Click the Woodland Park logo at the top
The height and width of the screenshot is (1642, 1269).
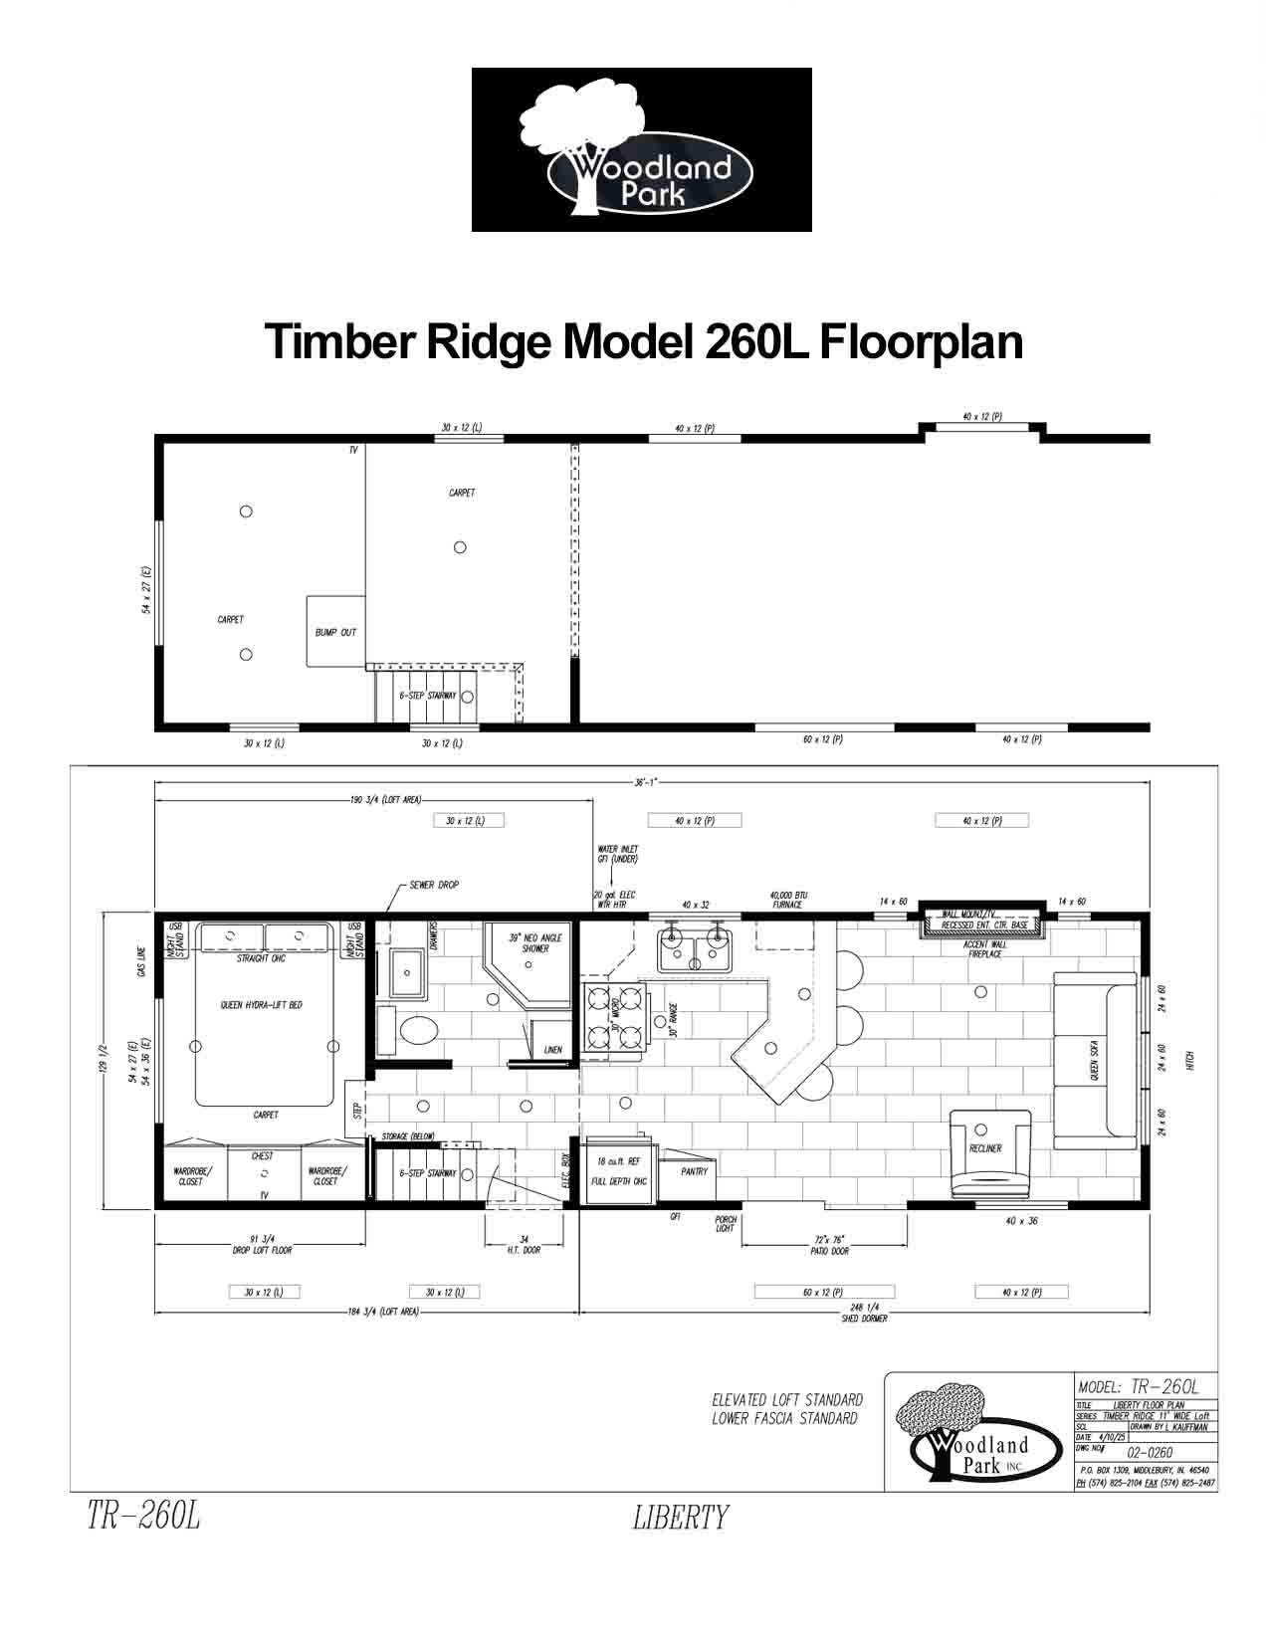641,150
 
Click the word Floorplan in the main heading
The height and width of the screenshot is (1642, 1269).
922,341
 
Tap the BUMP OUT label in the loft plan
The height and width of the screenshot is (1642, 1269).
335,633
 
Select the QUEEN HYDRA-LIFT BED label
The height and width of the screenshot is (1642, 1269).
262,1005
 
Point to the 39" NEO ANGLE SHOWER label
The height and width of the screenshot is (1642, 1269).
535,943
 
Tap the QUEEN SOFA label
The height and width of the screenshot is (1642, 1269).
1095,1062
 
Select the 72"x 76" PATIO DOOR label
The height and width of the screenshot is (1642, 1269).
829,1246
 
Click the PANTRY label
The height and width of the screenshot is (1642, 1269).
694,1171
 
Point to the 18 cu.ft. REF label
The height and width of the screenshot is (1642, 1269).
619,1161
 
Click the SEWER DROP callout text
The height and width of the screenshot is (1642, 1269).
434,885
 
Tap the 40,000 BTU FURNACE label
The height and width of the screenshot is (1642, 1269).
787,900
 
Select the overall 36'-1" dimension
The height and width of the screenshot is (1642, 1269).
647,783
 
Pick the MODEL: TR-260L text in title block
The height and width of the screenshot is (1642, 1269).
1139,1386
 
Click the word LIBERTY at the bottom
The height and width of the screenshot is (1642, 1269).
681,1518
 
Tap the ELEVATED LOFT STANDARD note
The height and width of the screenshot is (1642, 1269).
786,1400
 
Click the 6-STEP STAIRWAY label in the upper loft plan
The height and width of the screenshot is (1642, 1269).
428,696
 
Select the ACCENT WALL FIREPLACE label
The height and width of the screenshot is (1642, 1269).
985,949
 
